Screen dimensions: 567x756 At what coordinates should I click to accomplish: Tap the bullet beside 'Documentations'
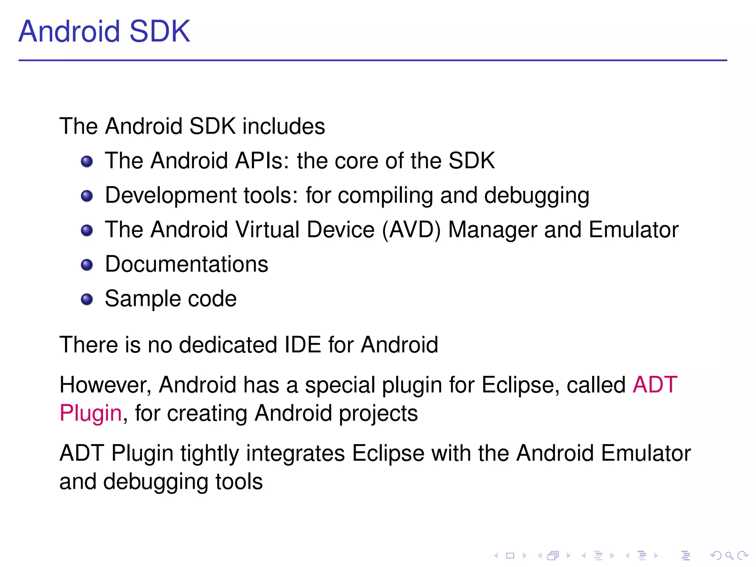coord(87,265)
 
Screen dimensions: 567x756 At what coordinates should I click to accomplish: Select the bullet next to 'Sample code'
coord(87,299)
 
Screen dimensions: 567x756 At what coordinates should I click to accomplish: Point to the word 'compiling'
coord(385,195)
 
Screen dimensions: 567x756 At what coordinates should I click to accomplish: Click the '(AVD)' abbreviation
coord(411,230)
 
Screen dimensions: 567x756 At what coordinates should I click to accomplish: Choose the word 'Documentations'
coord(186,264)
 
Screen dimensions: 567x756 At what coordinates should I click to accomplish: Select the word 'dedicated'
coord(228,345)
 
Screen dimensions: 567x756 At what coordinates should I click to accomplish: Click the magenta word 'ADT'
coord(655,385)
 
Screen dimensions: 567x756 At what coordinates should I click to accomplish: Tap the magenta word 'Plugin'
coord(91,413)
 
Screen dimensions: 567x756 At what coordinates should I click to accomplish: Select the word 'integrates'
coord(295,454)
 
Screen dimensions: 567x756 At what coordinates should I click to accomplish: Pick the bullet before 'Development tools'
coord(87,196)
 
